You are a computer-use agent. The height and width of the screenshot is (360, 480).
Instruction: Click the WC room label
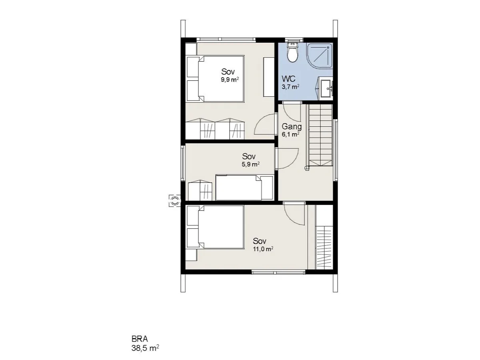pyautogui.click(x=289, y=79)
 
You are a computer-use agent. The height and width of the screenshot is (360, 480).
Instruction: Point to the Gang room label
pyautogui.click(x=292, y=126)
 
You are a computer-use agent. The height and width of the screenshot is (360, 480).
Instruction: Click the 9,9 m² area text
pyautogui.click(x=230, y=80)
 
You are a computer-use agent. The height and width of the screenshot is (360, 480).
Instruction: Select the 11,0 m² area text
pyautogui.click(x=263, y=249)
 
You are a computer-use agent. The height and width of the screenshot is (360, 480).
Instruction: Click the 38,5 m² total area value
pyautogui.click(x=145, y=348)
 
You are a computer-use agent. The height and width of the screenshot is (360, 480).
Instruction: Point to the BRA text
pyautogui.click(x=140, y=339)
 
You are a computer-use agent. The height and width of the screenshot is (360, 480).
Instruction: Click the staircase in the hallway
pyautogui.click(x=320, y=135)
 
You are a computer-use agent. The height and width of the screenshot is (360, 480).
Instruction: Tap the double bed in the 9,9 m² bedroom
pyautogui.click(x=215, y=79)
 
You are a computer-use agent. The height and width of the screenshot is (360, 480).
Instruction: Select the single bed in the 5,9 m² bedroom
pyautogui.click(x=245, y=188)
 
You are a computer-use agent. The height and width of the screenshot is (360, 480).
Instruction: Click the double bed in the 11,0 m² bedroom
pyautogui.click(x=215, y=227)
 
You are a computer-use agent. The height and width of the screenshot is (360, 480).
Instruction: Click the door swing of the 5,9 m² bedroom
pyautogui.click(x=287, y=158)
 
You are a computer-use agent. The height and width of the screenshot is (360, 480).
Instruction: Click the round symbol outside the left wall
pyautogui.click(x=175, y=201)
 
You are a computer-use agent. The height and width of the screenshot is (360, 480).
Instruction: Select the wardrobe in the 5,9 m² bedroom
pyautogui.click(x=200, y=190)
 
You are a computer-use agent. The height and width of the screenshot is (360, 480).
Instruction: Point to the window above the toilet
pyautogui.click(x=294, y=40)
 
